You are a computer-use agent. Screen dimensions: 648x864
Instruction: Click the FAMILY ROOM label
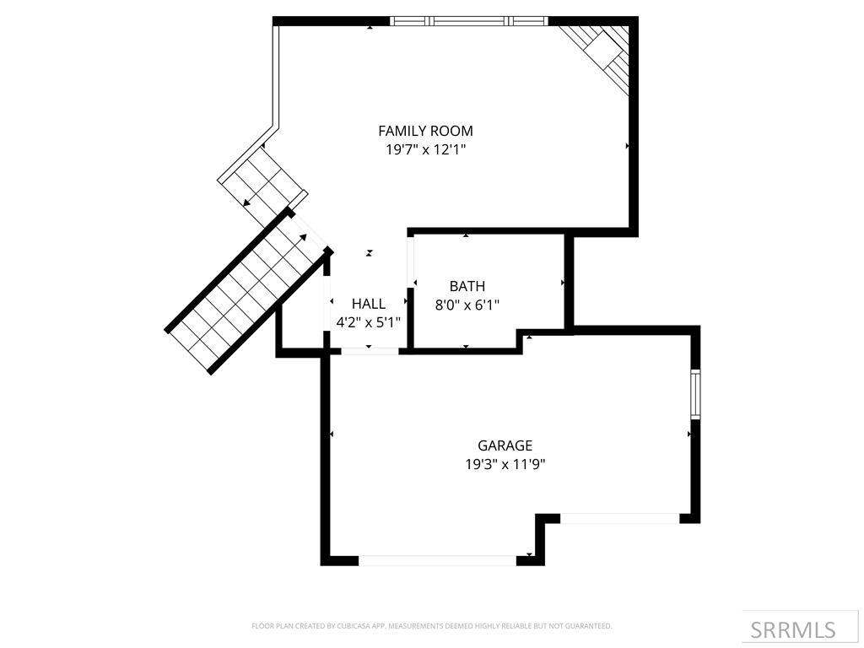point(425,131)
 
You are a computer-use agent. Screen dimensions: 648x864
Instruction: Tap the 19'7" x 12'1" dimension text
point(425,150)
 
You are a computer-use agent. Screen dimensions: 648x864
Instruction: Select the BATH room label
point(467,287)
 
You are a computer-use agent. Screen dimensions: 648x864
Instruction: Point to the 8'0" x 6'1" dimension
point(467,305)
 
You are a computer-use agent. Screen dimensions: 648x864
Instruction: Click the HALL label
point(369,304)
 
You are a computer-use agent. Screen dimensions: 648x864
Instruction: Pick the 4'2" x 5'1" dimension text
point(369,322)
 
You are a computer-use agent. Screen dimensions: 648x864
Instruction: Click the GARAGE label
point(505,445)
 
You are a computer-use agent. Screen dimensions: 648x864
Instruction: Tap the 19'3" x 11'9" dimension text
point(505,464)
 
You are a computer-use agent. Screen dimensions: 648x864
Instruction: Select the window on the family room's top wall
point(468,21)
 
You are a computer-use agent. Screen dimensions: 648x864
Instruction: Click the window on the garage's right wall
point(695,394)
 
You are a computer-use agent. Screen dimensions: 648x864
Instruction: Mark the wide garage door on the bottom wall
point(438,560)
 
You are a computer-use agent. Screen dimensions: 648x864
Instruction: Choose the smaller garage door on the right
point(620,518)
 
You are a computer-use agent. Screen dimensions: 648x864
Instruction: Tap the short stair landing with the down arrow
point(262,182)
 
